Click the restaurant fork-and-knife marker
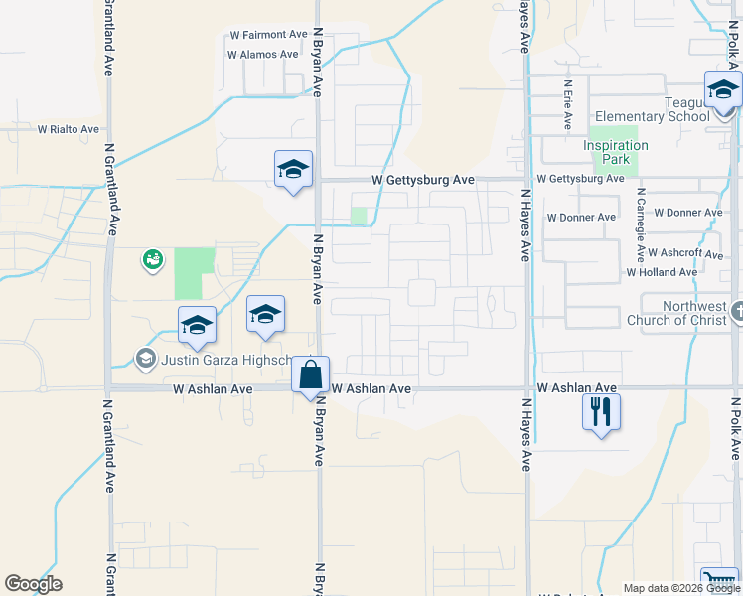[600, 411]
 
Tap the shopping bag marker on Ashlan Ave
[310, 375]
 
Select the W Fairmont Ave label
[268, 35]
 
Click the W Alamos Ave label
[262, 55]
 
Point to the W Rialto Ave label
[69, 129]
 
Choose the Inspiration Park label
[616, 152]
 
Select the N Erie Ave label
[567, 105]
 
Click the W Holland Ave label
[662, 272]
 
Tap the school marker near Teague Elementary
[723, 90]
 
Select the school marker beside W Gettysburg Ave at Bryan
[294, 169]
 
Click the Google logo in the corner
[33, 584]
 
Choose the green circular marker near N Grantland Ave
[152, 259]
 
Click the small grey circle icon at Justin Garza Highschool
[145, 359]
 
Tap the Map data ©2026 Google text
[680, 588]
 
